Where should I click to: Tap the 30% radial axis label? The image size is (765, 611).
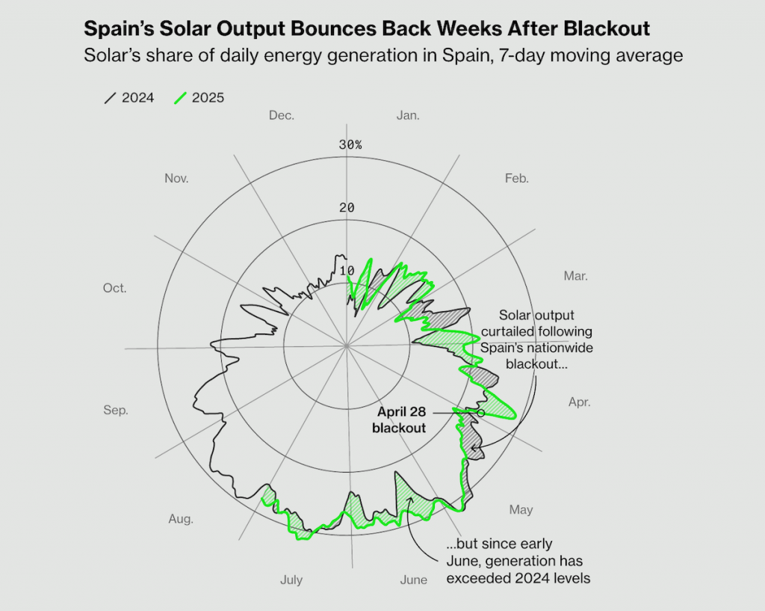(x=350, y=144)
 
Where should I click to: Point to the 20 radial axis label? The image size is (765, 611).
(x=347, y=207)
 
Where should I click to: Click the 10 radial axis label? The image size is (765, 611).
(x=347, y=271)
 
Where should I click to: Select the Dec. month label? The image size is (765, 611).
(x=282, y=115)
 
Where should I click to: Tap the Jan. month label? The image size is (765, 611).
(x=408, y=115)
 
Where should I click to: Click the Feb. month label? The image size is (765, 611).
(x=516, y=178)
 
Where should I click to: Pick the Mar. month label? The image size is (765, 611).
(x=575, y=276)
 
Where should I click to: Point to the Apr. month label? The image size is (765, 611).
(x=579, y=402)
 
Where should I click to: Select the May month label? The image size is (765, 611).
(x=521, y=510)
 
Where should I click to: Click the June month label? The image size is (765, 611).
(x=414, y=580)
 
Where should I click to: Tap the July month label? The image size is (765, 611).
(x=291, y=580)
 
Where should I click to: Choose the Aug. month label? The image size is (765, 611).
(x=181, y=519)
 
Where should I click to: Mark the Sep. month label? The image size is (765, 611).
(x=116, y=410)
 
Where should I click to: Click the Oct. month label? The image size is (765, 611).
(x=115, y=289)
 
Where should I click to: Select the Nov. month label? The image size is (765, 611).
(x=176, y=178)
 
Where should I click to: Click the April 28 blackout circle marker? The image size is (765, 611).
(x=481, y=413)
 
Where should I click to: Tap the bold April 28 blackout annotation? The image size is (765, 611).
(x=401, y=420)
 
